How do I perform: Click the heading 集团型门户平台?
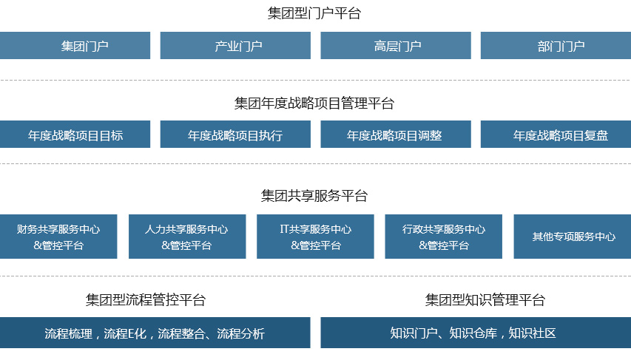[314, 13]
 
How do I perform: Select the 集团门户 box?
[75, 45]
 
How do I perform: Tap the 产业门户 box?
[235, 45]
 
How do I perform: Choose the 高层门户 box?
[396, 45]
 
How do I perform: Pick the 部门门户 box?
[556, 45]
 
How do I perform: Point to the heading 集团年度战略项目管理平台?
[314, 103]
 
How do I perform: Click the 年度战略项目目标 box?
[75, 135]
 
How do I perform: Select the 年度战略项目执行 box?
[235, 135]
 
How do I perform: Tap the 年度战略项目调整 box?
[396, 135]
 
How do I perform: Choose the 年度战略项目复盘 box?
[556, 135]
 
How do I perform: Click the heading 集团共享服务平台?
[314, 196]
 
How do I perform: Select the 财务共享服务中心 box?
[58, 237]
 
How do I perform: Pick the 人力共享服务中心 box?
[187, 237]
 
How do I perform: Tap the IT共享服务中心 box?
[315, 237]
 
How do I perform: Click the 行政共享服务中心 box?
[443, 237]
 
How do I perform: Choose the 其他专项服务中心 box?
[573, 237]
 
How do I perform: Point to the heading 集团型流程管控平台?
[146, 300]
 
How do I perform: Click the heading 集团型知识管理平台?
[485, 300]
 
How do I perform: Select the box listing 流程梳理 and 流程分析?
[155, 333]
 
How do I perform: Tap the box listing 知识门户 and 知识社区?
[476, 333]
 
